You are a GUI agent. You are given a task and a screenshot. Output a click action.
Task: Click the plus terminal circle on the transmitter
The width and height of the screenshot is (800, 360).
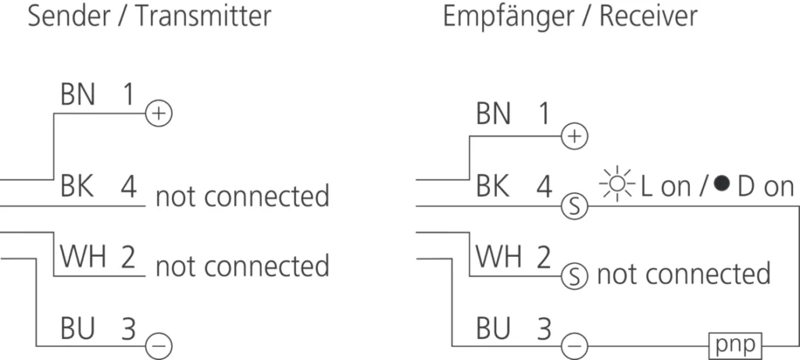[159, 113]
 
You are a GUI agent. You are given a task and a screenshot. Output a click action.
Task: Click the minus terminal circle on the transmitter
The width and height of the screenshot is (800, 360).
[159, 347]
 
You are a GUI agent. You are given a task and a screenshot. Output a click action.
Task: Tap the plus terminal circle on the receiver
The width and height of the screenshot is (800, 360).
[574, 136]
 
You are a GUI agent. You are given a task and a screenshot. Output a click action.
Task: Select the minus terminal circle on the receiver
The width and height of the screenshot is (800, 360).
[574, 347]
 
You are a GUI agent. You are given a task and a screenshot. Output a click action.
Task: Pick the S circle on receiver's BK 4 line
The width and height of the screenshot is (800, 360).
[574, 206]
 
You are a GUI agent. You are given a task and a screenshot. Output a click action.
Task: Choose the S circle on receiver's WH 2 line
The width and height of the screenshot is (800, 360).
[574, 277]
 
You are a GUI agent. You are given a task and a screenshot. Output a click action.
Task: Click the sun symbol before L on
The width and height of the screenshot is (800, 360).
[617, 184]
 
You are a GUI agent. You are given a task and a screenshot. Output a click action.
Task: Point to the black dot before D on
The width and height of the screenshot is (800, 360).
[721, 184]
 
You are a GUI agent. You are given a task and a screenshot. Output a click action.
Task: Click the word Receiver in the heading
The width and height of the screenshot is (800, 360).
[648, 17]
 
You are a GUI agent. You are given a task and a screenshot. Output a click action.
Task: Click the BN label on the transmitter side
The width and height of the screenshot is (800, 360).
[77, 94]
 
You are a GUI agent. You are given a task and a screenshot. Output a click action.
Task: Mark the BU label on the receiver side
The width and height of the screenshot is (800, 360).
[494, 329]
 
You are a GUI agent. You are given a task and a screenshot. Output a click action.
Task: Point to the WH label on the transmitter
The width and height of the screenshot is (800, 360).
[83, 256]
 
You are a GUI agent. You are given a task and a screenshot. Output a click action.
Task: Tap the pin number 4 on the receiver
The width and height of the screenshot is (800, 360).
[544, 187]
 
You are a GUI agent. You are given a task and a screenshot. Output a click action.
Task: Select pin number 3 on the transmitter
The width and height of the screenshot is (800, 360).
[128, 329]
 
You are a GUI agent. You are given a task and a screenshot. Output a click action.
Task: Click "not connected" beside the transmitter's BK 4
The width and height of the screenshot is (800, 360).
[242, 196]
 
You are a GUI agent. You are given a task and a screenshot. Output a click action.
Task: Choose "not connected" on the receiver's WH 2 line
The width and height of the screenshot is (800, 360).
[684, 274]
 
